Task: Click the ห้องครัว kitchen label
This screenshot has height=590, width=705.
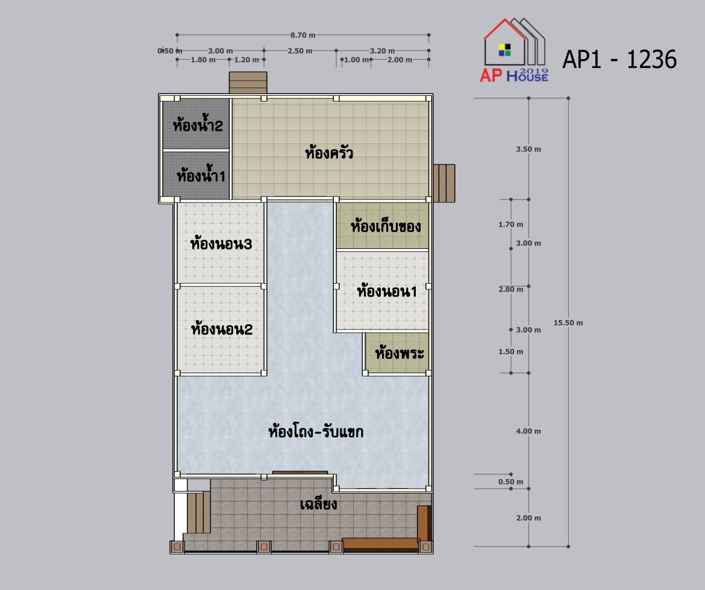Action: tap(329, 153)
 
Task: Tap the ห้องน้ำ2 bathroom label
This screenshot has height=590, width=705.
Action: tap(198, 125)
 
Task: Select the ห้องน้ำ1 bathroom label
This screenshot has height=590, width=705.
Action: tap(201, 175)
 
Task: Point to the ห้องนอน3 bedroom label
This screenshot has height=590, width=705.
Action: tap(221, 243)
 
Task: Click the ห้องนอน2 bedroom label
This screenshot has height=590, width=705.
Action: tap(222, 329)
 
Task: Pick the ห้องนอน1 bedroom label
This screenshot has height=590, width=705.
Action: tap(387, 292)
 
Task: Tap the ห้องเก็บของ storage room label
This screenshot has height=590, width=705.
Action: tap(386, 226)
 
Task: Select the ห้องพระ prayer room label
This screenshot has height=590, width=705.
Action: tap(399, 353)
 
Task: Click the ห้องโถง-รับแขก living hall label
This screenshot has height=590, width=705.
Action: tap(316, 432)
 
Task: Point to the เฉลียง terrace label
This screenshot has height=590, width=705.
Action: tap(318, 504)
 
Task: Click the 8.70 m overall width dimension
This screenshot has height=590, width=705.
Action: tap(302, 35)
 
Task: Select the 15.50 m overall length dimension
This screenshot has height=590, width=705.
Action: tap(568, 322)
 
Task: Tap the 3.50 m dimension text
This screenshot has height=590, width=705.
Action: tap(528, 149)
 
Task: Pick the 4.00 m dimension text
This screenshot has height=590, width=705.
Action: tap(528, 431)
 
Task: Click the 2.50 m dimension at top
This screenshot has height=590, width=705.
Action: tap(300, 51)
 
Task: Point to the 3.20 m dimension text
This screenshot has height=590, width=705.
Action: tap(382, 51)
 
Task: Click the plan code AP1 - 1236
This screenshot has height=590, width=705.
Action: tap(619, 59)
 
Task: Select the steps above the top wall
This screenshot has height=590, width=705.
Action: tap(248, 83)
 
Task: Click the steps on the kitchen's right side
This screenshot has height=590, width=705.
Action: tap(443, 183)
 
